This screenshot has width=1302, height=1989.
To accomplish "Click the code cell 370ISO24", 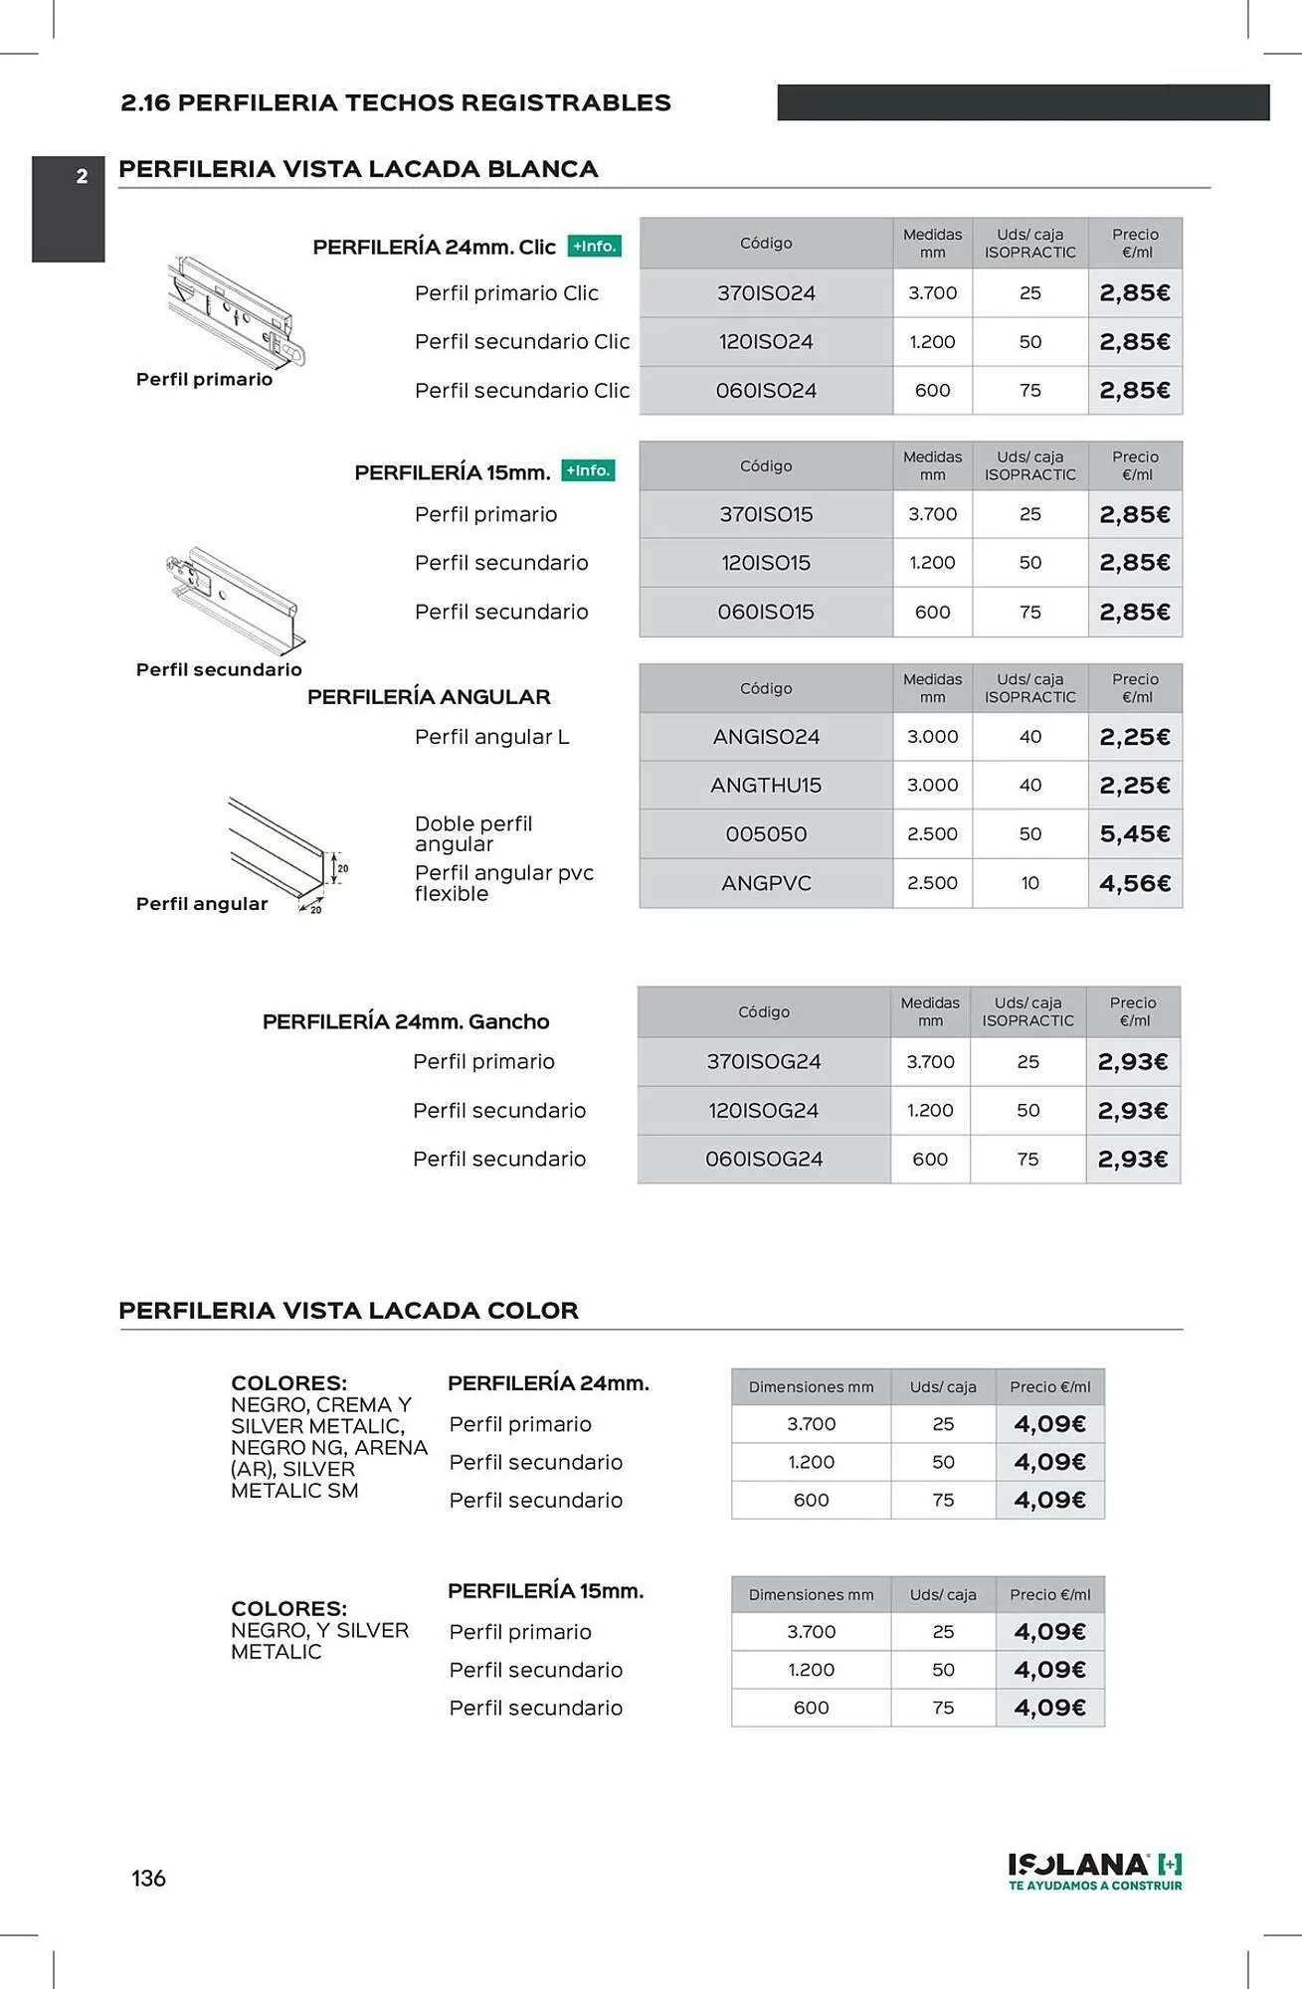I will point(766,293).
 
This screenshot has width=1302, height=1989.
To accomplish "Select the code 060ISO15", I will point(766,612).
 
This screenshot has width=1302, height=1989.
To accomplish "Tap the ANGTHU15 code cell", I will point(766,786).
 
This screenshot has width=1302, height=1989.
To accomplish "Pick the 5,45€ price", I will point(1135,834).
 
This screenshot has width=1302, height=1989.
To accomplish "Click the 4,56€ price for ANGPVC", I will point(1135,883).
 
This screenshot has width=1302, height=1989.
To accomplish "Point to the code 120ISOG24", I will point(764,1111).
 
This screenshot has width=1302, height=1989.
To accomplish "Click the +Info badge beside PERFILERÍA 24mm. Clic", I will point(595,247).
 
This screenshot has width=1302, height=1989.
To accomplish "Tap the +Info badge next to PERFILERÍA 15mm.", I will point(589,470).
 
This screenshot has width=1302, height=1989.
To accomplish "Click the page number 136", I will point(148,1879).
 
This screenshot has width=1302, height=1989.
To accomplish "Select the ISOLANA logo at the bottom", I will point(1095,1870).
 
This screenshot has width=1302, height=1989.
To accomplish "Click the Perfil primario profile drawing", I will point(235,312).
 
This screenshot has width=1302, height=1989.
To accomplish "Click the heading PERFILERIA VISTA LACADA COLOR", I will point(348,1311).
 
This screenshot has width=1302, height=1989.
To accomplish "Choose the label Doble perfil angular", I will point(473,833).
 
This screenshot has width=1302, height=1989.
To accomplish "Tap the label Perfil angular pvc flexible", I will point(503,883).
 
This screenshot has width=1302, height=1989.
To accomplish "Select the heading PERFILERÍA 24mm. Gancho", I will point(406,1021).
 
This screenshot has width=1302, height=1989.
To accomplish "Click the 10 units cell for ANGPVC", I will point(1030,883).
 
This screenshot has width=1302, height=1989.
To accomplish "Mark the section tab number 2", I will point(82,177).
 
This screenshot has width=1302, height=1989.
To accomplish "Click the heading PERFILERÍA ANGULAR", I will point(429,697).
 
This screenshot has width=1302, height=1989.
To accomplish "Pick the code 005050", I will point(766,834).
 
